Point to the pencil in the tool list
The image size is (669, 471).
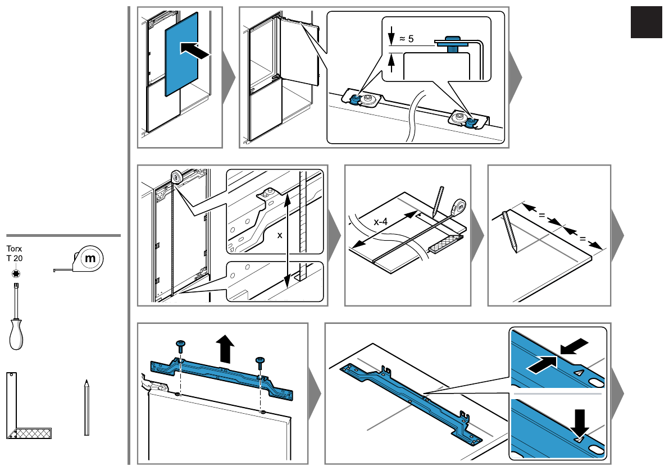87,407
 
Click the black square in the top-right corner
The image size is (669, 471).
646,22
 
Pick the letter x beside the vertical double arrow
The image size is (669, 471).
279,236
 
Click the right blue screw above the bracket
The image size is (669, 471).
260,361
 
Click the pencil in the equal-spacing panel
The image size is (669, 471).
510,231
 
